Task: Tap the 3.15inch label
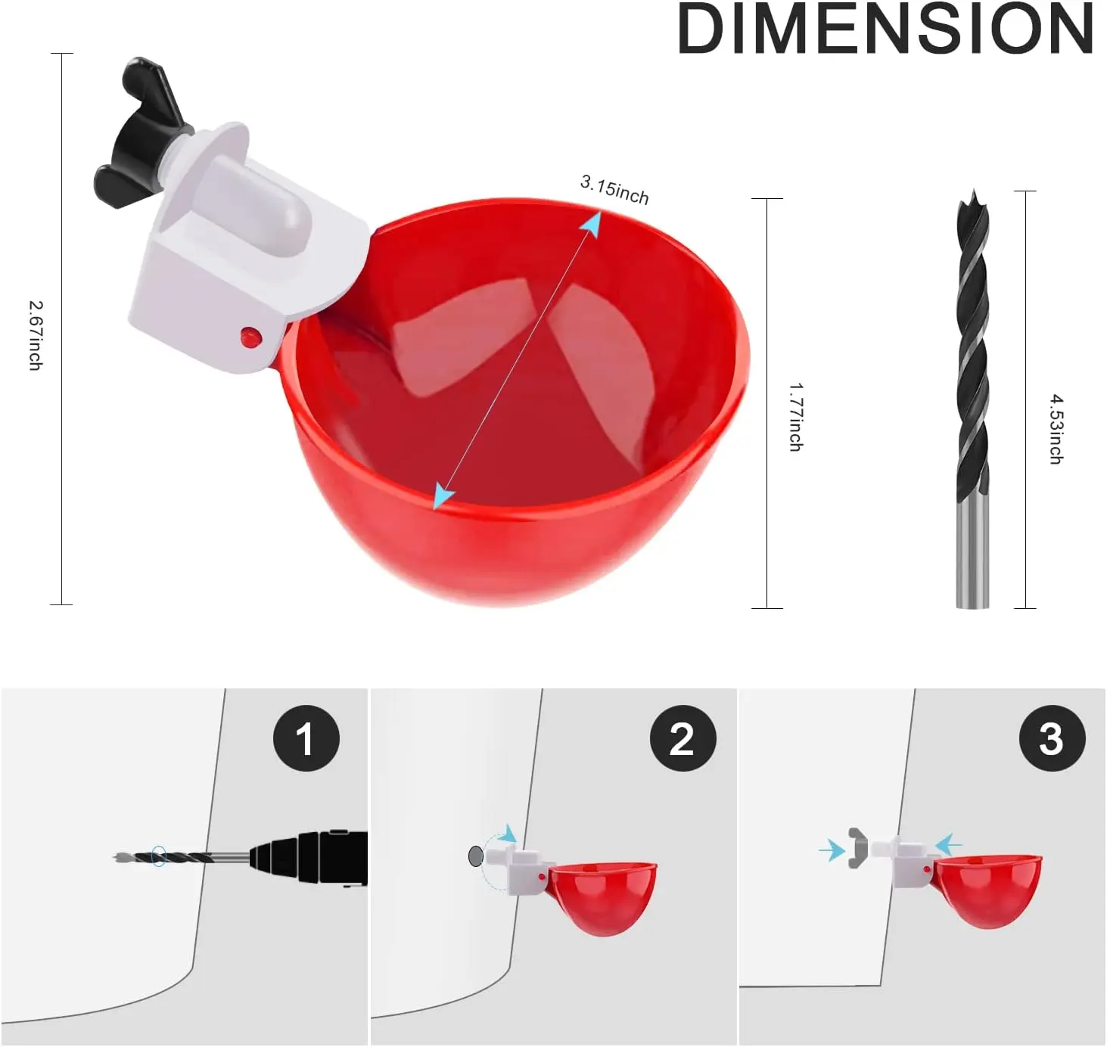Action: [614, 190]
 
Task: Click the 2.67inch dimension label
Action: [36, 335]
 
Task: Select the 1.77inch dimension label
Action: [795, 417]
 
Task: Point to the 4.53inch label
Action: [1056, 429]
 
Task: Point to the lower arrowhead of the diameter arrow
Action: [443, 497]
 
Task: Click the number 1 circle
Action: [306, 738]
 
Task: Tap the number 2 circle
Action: [683, 738]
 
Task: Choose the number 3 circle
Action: [1053, 738]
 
